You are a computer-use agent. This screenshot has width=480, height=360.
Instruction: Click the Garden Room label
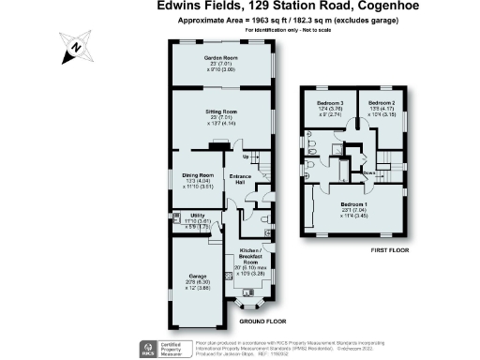[219, 57]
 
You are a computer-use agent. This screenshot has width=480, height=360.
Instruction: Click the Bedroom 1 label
[354, 203]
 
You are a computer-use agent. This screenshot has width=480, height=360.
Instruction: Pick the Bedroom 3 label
[329, 102]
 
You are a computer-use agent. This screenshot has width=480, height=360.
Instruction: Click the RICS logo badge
[145, 344]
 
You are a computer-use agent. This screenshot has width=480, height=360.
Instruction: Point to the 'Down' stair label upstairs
[369, 172]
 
